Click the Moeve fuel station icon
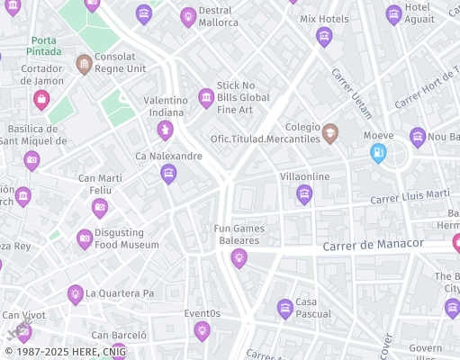tap(378, 153)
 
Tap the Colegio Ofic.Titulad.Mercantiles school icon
tap(329, 134)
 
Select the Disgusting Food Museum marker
tap(85, 238)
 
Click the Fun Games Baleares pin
tap(239, 258)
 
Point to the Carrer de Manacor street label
tap(373, 244)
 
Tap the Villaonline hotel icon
tap(304, 193)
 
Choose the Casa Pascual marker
tap(285, 309)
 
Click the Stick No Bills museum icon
tap(206, 97)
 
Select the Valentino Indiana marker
tap(165, 130)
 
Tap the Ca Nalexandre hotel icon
tap(168, 174)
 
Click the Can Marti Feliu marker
tap(100, 208)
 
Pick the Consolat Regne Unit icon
tap(84, 63)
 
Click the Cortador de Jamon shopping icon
tap(41, 97)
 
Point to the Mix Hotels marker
tap(324, 36)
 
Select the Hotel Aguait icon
tap(393, 14)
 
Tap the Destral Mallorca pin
tap(187, 15)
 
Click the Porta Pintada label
tap(45, 46)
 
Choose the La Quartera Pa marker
tap(76, 293)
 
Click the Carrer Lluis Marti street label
tap(410, 195)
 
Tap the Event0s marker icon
tap(202, 330)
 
